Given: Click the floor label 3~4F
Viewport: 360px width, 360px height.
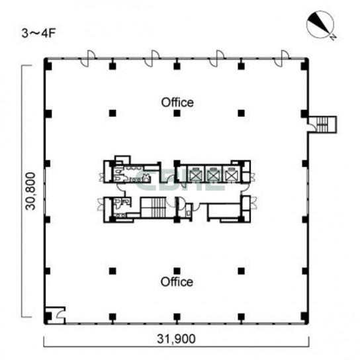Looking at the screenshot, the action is click(38, 33).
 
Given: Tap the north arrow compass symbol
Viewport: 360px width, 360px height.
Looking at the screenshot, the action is click(320, 24).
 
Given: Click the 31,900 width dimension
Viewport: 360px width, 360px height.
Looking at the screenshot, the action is click(176, 339).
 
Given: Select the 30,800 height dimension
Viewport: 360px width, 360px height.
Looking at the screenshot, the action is click(30, 191).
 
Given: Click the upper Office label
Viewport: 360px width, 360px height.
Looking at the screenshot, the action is click(177, 103).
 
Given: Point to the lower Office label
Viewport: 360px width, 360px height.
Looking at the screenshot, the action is click(177, 282).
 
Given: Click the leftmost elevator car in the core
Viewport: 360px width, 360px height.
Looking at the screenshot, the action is click(196, 175).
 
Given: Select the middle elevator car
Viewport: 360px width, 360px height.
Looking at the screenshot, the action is click(213, 175).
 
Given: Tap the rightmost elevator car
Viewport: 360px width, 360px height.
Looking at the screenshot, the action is click(231, 175).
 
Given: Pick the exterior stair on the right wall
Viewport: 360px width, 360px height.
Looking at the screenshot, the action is click(322, 124).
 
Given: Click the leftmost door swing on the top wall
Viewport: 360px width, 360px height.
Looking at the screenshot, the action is click(87, 59).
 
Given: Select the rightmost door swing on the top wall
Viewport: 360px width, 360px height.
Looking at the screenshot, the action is click(281, 59).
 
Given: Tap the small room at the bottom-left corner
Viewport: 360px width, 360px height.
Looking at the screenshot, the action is click(55, 315).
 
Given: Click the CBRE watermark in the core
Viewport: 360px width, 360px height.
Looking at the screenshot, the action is click(180, 181).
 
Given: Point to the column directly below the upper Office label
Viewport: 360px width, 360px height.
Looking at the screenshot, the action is click(177, 113).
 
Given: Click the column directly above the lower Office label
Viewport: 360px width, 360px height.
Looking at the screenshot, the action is click(177, 271).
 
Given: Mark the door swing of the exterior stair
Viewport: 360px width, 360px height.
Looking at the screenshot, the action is click(312, 127).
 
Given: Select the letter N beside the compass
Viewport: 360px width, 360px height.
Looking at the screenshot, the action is click(334, 37).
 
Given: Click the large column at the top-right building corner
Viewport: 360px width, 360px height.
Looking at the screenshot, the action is click(304, 64).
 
